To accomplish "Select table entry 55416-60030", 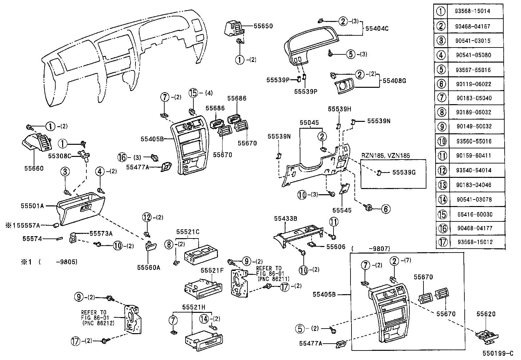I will pos(475,214).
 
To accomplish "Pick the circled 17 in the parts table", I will pos(442,242).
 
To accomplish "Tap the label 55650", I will pos(263,26).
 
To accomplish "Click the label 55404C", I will pos(377,28).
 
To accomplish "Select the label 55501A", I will pos(32,206).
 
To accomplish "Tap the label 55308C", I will pos(60,156).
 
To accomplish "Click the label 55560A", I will pos(149,267).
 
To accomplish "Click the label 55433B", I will pos(285,218).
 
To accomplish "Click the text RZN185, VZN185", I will pos(386,156).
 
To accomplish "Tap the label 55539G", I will pos(404,172).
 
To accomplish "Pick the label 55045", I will pos(309,123).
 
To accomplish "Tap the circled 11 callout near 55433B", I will pos(333,222).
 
